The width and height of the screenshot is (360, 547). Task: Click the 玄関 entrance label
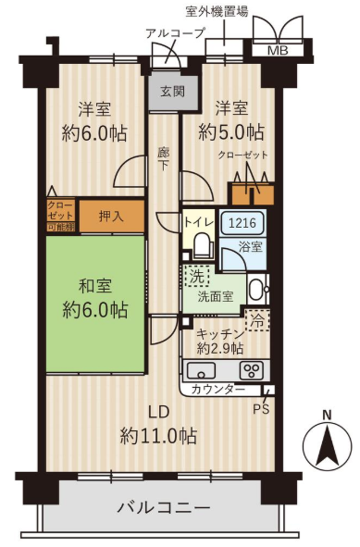point(173,92)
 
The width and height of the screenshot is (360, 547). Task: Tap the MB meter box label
point(278,51)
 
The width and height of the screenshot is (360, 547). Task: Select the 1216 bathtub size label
point(242,222)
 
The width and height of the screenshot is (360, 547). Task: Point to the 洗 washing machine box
point(196,277)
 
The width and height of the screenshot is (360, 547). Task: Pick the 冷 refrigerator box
point(257,319)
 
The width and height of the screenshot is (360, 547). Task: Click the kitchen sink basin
point(201,370)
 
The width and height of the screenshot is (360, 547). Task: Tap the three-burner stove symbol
point(252,371)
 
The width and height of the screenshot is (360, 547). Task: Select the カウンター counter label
point(218,390)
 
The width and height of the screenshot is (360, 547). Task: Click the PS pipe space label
point(261,409)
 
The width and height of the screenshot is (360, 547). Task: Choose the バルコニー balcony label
point(163,507)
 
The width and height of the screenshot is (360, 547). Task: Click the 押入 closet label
point(111,217)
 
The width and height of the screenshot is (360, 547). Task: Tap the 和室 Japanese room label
point(95,286)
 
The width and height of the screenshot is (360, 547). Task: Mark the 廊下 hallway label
point(163,159)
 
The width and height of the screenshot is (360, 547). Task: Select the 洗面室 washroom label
point(216,297)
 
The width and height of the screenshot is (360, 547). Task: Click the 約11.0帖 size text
point(159,436)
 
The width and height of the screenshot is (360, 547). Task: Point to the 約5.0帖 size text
point(231,131)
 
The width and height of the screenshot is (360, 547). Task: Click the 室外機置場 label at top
point(217,12)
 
